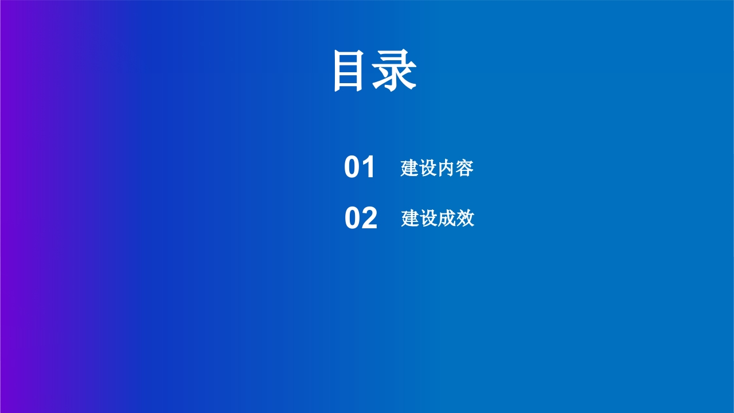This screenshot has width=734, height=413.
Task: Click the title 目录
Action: point(375,70)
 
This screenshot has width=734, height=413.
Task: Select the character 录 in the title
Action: point(394,70)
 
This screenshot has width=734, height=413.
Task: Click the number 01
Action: point(359,167)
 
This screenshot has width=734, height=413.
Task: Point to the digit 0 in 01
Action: point(352,167)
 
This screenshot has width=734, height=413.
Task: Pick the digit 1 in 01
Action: point(369,167)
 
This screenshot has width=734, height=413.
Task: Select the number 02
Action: point(361,217)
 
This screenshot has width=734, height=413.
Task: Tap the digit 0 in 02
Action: point(353,217)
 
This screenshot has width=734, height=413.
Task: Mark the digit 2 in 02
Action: point(370,217)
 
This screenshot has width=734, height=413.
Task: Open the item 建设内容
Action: point(437,168)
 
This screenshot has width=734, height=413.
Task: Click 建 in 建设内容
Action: point(409,168)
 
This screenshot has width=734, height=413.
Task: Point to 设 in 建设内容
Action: point(428,168)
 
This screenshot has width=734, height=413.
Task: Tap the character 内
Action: point(446,168)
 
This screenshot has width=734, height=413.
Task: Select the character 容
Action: point(464,168)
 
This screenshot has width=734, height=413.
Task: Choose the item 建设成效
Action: point(438,219)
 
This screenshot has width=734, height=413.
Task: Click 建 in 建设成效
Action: point(410,219)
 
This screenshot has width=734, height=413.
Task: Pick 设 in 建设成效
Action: point(428,219)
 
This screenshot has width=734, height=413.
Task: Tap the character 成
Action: point(447,219)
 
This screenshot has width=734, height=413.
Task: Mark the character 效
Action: point(465,219)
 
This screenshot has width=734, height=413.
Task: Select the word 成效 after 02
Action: point(456,219)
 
